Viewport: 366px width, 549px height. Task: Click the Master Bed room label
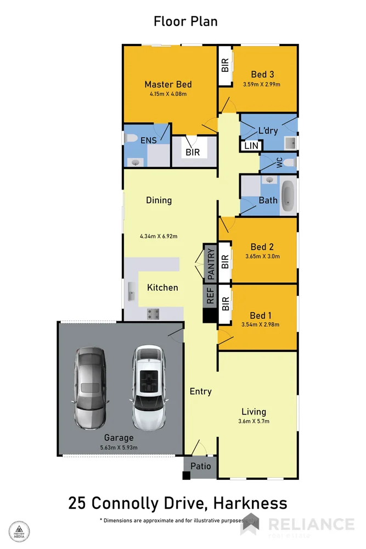pos(168,84)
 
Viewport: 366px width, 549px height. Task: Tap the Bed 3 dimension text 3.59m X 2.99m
pos(262,85)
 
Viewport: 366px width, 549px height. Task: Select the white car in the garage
pos(149,386)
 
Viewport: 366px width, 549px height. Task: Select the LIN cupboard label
pos(251,146)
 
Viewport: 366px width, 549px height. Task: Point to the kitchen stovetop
pos(153,313)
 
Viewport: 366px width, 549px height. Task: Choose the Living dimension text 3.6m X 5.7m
pos(254,422)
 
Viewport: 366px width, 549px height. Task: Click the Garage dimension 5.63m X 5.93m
pos(119,447)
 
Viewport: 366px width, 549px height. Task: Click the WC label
pos(279,163)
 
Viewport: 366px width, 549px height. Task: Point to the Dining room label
pos(159,200)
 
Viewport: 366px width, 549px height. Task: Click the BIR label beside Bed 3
pos(225,66)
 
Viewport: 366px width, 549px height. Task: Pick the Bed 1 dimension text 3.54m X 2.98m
pos(261,324)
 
